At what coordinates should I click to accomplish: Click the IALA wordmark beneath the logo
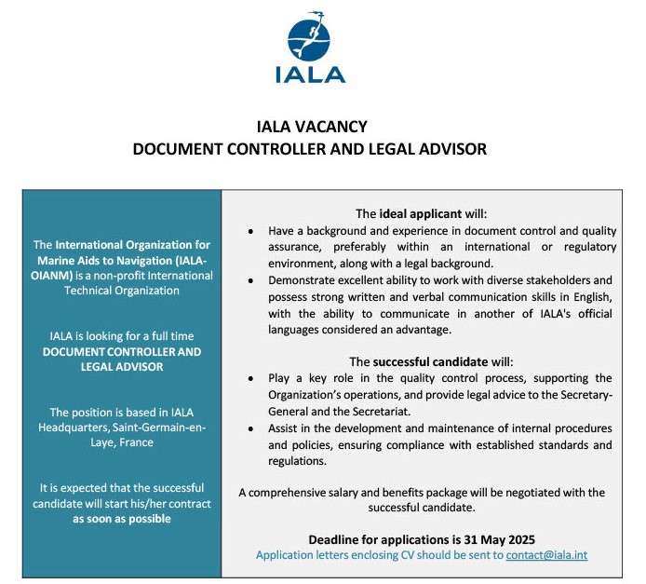tap(310, 75)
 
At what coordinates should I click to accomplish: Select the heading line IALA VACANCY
tap(312, 127)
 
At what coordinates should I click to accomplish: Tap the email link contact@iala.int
tap(546, 555)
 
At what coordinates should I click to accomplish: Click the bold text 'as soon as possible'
tap(122, 519)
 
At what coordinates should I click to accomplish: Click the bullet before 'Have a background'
tap(251, 230)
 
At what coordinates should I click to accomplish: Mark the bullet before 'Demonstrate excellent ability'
tap(251, 280)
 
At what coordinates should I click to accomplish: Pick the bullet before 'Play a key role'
tap(251, 378)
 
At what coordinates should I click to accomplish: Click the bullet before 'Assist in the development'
tap(251, 428)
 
